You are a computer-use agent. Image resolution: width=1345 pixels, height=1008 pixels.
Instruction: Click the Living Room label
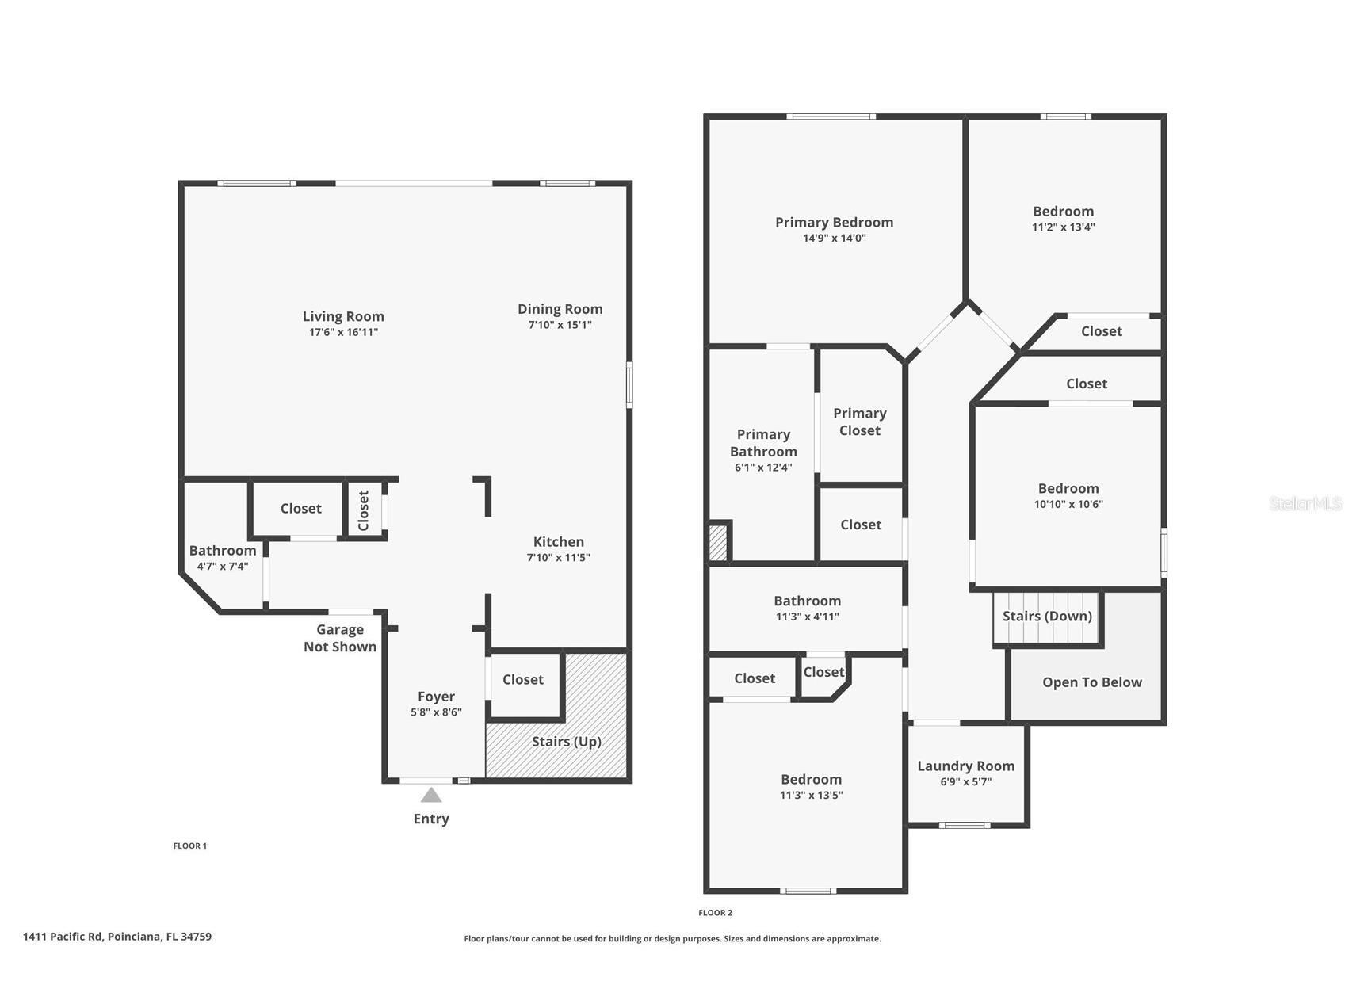coord(343,316)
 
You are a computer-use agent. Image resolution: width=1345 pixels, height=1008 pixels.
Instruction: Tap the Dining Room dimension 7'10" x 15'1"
coord(560,325)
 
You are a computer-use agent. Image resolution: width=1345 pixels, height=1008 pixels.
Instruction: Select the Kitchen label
coord(558,542)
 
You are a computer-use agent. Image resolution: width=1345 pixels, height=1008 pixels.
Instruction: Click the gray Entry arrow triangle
coord(430,795)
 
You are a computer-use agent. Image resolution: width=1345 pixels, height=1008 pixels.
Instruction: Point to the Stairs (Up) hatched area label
coord(566,742)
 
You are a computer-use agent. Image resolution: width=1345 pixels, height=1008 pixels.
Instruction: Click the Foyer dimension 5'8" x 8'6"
coord(436,712)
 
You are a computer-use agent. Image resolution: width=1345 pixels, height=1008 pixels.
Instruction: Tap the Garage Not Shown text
coord(340,638)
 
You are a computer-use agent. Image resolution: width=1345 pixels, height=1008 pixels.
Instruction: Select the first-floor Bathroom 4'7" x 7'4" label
coord(223,551)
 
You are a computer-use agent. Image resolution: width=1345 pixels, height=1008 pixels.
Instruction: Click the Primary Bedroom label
coord(834,223)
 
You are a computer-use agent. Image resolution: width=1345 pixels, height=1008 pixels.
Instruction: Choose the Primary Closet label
coord(859,422)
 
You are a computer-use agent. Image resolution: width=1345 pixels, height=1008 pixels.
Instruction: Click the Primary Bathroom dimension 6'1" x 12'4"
coord(763,468)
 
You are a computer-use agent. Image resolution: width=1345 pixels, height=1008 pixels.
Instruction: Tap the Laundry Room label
coord(965,766)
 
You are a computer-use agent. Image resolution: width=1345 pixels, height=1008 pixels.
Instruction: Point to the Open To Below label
coord(1091,682)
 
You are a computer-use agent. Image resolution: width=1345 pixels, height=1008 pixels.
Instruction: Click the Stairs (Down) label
coord(1046,617)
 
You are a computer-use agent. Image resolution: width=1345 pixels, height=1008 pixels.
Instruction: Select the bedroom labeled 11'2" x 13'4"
coord(1063,212)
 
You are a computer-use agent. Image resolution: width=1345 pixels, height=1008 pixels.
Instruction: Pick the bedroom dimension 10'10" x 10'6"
coord(1068,504)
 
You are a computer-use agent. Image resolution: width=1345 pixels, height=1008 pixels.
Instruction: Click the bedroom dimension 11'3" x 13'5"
coord(811,796)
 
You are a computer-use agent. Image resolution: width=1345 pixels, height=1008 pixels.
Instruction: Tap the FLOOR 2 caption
coord(715,913)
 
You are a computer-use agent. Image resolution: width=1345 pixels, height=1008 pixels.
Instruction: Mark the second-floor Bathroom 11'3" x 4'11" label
coord(807,601)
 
